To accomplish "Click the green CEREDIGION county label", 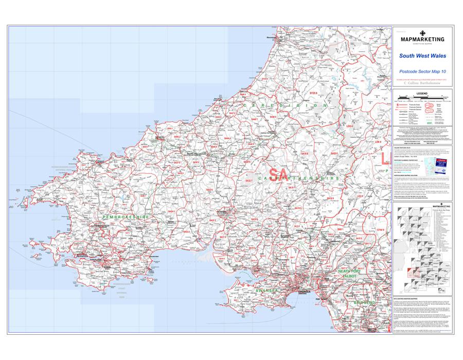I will click(286, 105).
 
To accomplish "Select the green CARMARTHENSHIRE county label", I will click(298, 178).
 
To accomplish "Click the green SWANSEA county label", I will click(266, 291).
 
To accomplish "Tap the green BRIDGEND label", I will click(365, 303).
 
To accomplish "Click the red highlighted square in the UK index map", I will click(410, 272).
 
